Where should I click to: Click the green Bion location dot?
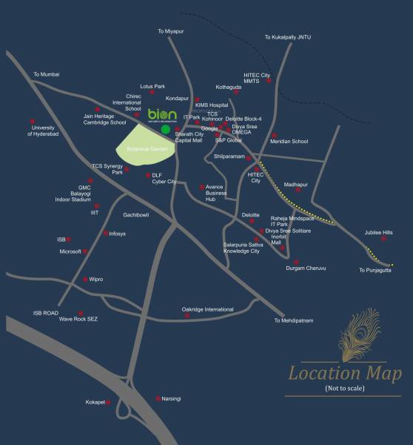tap(165, 129)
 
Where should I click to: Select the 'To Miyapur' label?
tap(171, 31)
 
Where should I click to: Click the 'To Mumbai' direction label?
tap(46, 74)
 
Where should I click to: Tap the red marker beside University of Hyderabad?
tap(33, 122)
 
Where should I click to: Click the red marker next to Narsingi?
tap(158, 398)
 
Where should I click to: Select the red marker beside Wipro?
tap(86, 280)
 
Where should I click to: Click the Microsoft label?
tap(70, 251)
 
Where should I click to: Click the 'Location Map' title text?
tap(344, 373)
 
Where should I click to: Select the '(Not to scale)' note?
tap(344, 389)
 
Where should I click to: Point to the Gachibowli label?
tap(136, 214)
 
